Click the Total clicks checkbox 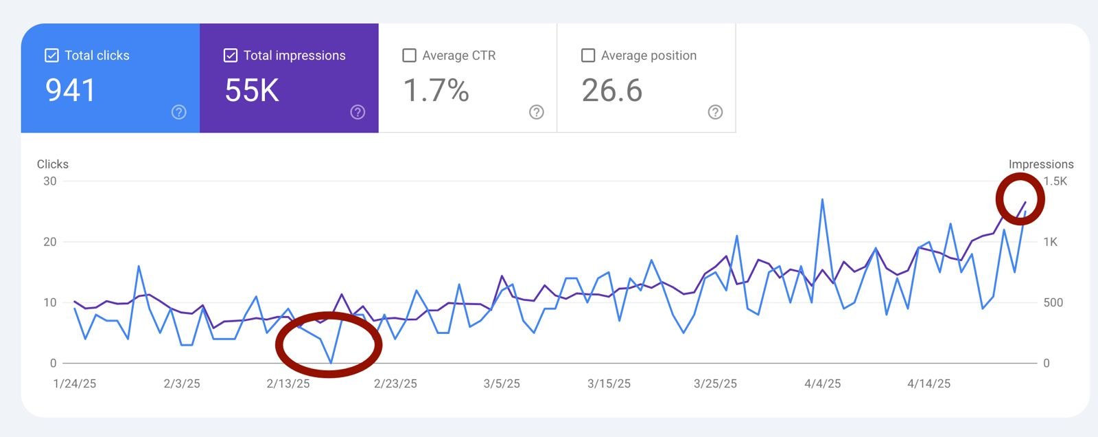[x=51, y=56]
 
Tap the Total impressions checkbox [x=231, y=56]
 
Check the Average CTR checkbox [x=409, y=56]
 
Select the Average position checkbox [x=588, y=56]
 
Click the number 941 [x=70, y=90]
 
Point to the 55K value [x=252, y=90]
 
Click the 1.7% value [x=436, y=90]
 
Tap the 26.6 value [x=611, y=90]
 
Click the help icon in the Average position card [x=715, y=112]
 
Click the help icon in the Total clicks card [x=178, y=112]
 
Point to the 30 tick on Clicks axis [x=49, y=181]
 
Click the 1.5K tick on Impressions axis [x=1055, y=181]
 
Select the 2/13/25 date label [x=288, y=383]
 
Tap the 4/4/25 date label [x=822, y=383]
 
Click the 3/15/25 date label [x=609, y=383]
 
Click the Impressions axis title [x=1040, y=164]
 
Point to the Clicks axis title [x=53, y=164]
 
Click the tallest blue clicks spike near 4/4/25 [x=822, y=200]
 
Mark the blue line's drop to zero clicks [x=331, y=362]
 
